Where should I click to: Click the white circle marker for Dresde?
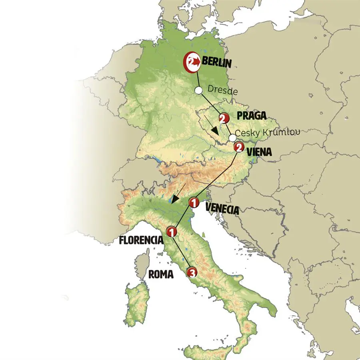pyautogui.click(x=198, y=90)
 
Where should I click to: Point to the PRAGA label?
pyautogui.click(x=252, y=116)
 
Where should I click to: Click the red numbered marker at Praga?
pyautogui.click(x=223, y=118)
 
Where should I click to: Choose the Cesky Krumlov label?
pyautogui.click(x=267, y=133)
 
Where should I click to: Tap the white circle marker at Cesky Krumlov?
pyautogui.click(x=232, y=138)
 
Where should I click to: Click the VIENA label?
pyautogui.click(x=259, y=152)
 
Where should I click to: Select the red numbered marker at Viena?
pyautogui.click(x=238, y=147)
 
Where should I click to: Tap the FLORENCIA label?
pyautogui.click(x=141, y=241)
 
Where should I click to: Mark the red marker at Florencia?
pyautogui.click(x=171, y=231)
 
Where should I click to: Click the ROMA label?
pyautogui.click(x=161, y=274)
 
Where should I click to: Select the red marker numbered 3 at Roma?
pyautogui.click(x=193, y=274)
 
